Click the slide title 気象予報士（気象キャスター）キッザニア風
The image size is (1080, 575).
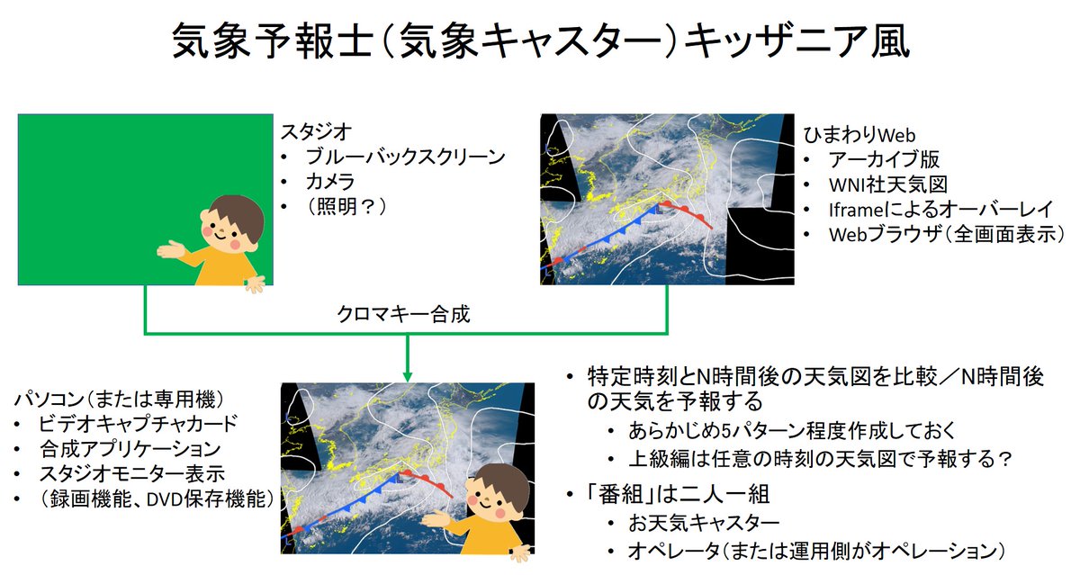(540, 42)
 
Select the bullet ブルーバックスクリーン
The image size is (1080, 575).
(406, 157)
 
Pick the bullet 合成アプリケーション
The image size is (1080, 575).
(130, 447)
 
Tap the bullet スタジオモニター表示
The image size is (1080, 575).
(131, 472)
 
